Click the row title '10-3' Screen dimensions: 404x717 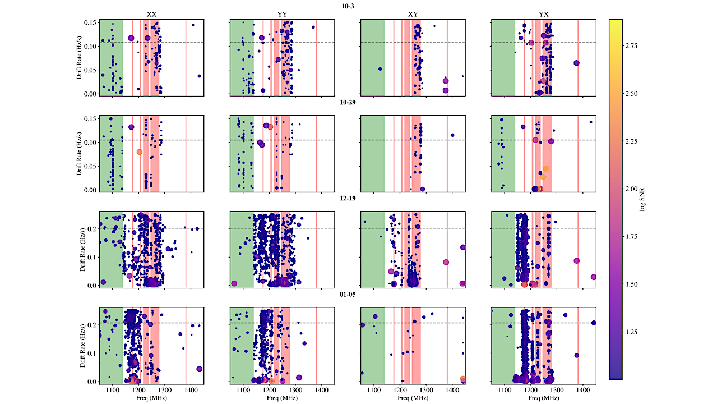point(348,6)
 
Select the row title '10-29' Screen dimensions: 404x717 point(348,102)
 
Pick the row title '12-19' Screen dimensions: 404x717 point(348,198)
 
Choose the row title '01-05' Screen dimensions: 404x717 point(348,293)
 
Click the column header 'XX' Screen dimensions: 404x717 point(151,15)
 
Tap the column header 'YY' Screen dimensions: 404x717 point(282,15)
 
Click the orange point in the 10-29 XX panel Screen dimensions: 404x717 point(140,152)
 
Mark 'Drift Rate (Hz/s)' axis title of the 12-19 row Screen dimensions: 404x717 point(82,249)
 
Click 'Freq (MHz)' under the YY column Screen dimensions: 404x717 point(282,398)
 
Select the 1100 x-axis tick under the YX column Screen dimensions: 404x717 point(505,389)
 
